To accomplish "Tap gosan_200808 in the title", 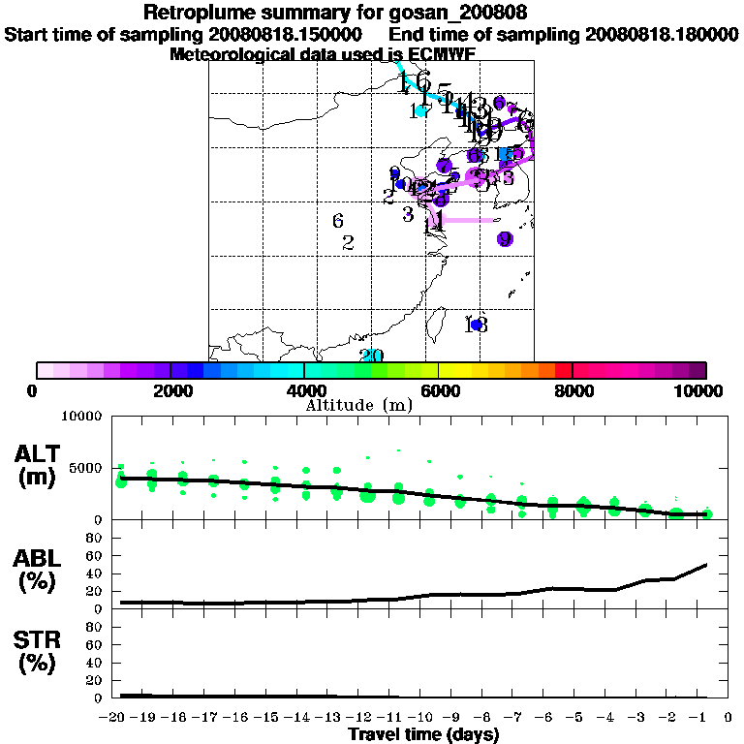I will pyautogui.click(x=455, y=14).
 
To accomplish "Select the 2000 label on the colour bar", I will pyautogui.click(x=170, y=390).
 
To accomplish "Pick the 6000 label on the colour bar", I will pyautogui.click(x=438, y=390).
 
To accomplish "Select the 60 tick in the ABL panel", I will pyautogui.click(x=95, y=556).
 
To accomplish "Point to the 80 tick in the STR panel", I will pyautogui.click(x=95, y=627).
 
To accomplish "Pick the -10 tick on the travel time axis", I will pyautogui.click(x=426, y=719).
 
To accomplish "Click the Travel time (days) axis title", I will pyautogui.click(x=423, y=735).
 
